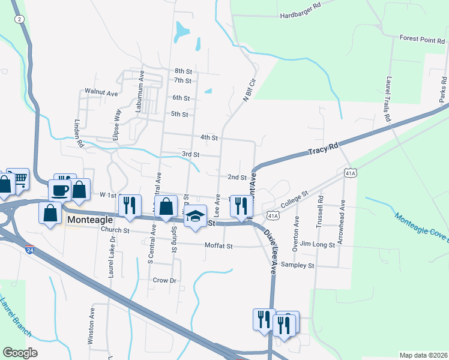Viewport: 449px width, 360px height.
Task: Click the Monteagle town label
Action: pyautogui.click(x=89, y=220)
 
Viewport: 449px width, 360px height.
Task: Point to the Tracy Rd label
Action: pyautogui.click(x=324, y=149)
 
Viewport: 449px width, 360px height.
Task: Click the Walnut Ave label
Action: pyautogui.click(x=101, y=93)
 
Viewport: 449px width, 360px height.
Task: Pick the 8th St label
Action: pyautogui.click(x=182, y=71)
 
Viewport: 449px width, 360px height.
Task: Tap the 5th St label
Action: pyautogui.click(x=179, y=114)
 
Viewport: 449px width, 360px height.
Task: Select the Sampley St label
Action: pyautogui.click(x=298, y=265)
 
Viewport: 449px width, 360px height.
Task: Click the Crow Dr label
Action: pyautogui.click(x=164, y=280)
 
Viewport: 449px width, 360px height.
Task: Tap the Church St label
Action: pyautogui.click(x=115, y=230)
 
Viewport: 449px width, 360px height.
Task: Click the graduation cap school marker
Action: pyautogui.click(x=195, y=216)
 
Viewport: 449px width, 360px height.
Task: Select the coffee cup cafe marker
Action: pyautogui.click(x=59, y=190)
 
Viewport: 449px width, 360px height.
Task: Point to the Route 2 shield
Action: pyautogui.click(x=20, y=19)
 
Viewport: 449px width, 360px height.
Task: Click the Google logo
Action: pyautogui.click(x=20, y=352)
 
